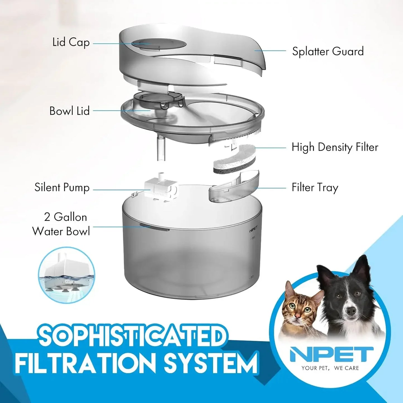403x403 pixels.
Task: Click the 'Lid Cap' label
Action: click(71, 43)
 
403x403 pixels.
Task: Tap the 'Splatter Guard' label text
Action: click(328, 52)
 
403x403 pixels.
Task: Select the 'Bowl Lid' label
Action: click(69, 111)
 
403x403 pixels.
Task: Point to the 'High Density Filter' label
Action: click(335, 147)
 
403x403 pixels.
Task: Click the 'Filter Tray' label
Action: click(315, 187)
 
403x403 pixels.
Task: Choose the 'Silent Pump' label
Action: click(62, 187)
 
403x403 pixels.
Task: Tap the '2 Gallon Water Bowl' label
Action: click(61, 224)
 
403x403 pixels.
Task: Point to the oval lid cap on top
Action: click(158, 44)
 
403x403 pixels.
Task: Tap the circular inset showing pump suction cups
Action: click(66, 275)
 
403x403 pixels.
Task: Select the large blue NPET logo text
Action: click(331, 354)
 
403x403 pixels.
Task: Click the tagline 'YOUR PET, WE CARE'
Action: click(330, 368)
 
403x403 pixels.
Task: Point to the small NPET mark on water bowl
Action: click(253, 231)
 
